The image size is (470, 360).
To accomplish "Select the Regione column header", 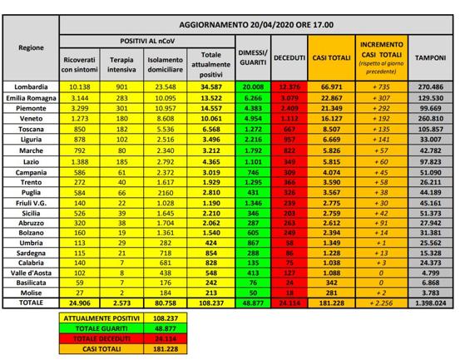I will click(x=31, y=47).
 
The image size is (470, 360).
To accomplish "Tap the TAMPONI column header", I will click(x=431, y=57).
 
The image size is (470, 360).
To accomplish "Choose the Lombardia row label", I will click(x=31, y=86).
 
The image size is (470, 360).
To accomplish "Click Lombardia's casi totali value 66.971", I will click(x=330, y=86).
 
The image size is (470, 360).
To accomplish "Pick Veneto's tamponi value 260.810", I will click(x=431, y=120).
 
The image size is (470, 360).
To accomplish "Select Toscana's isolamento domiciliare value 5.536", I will click(x=165, y=131).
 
